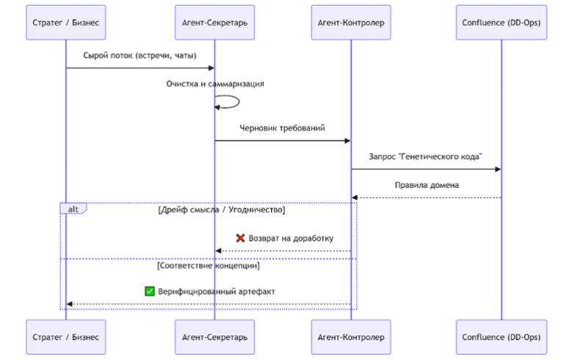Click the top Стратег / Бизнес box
click(66, 22)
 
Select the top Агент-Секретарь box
click(215, 22)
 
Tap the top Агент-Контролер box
click(351, 22)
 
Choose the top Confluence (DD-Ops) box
click(501, 22)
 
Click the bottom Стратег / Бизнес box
click(66, 337)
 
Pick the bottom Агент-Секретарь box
click(215, 337)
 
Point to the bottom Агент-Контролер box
click(351, 337)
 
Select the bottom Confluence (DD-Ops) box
click(501, 337)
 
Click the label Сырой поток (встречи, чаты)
click(140, 56)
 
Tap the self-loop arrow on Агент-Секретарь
click(239, 101)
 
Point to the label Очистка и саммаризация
click(215, 84)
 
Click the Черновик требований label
click(282, 129)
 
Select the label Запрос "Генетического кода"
click(425, 156)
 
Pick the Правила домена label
click(427, 185)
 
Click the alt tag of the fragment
click(73, 209)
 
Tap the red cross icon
click(240, 238)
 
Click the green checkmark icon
click(149, 291)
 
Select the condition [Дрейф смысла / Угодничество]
click(221, 210)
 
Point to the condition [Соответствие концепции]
click(209, 266)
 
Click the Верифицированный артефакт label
click(216, 292)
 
